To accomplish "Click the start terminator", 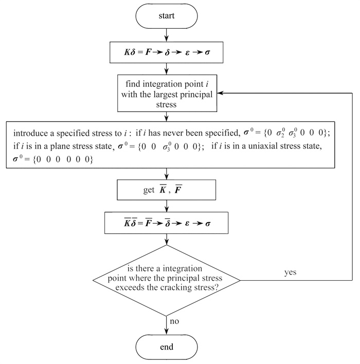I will click(167, 16).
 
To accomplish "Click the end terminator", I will click(167, 347).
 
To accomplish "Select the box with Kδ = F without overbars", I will click(167, 52).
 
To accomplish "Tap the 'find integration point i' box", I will click(167, 94).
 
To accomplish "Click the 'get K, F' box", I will click(167, 191).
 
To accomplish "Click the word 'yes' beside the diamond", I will click(291, 272).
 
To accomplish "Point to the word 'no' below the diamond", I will click(175, 322).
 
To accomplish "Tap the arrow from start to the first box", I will click(167, 34).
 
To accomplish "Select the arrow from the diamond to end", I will click(167, 324).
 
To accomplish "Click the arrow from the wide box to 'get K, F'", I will click(167, 173).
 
